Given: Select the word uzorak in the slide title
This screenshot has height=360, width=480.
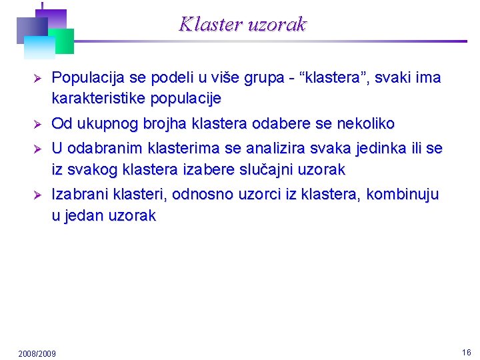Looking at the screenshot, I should coord(277,25).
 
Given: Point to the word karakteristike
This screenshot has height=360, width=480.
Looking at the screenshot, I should coord(99,99).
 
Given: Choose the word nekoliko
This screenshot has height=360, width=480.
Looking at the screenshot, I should coord(366,123).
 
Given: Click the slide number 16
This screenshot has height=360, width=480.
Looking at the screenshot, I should coord(466,352).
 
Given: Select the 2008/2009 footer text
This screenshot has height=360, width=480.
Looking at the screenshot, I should coord(37,353).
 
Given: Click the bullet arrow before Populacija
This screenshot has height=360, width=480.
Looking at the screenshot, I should coord(37,79).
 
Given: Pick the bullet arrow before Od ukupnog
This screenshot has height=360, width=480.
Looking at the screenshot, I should coord(37,124).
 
